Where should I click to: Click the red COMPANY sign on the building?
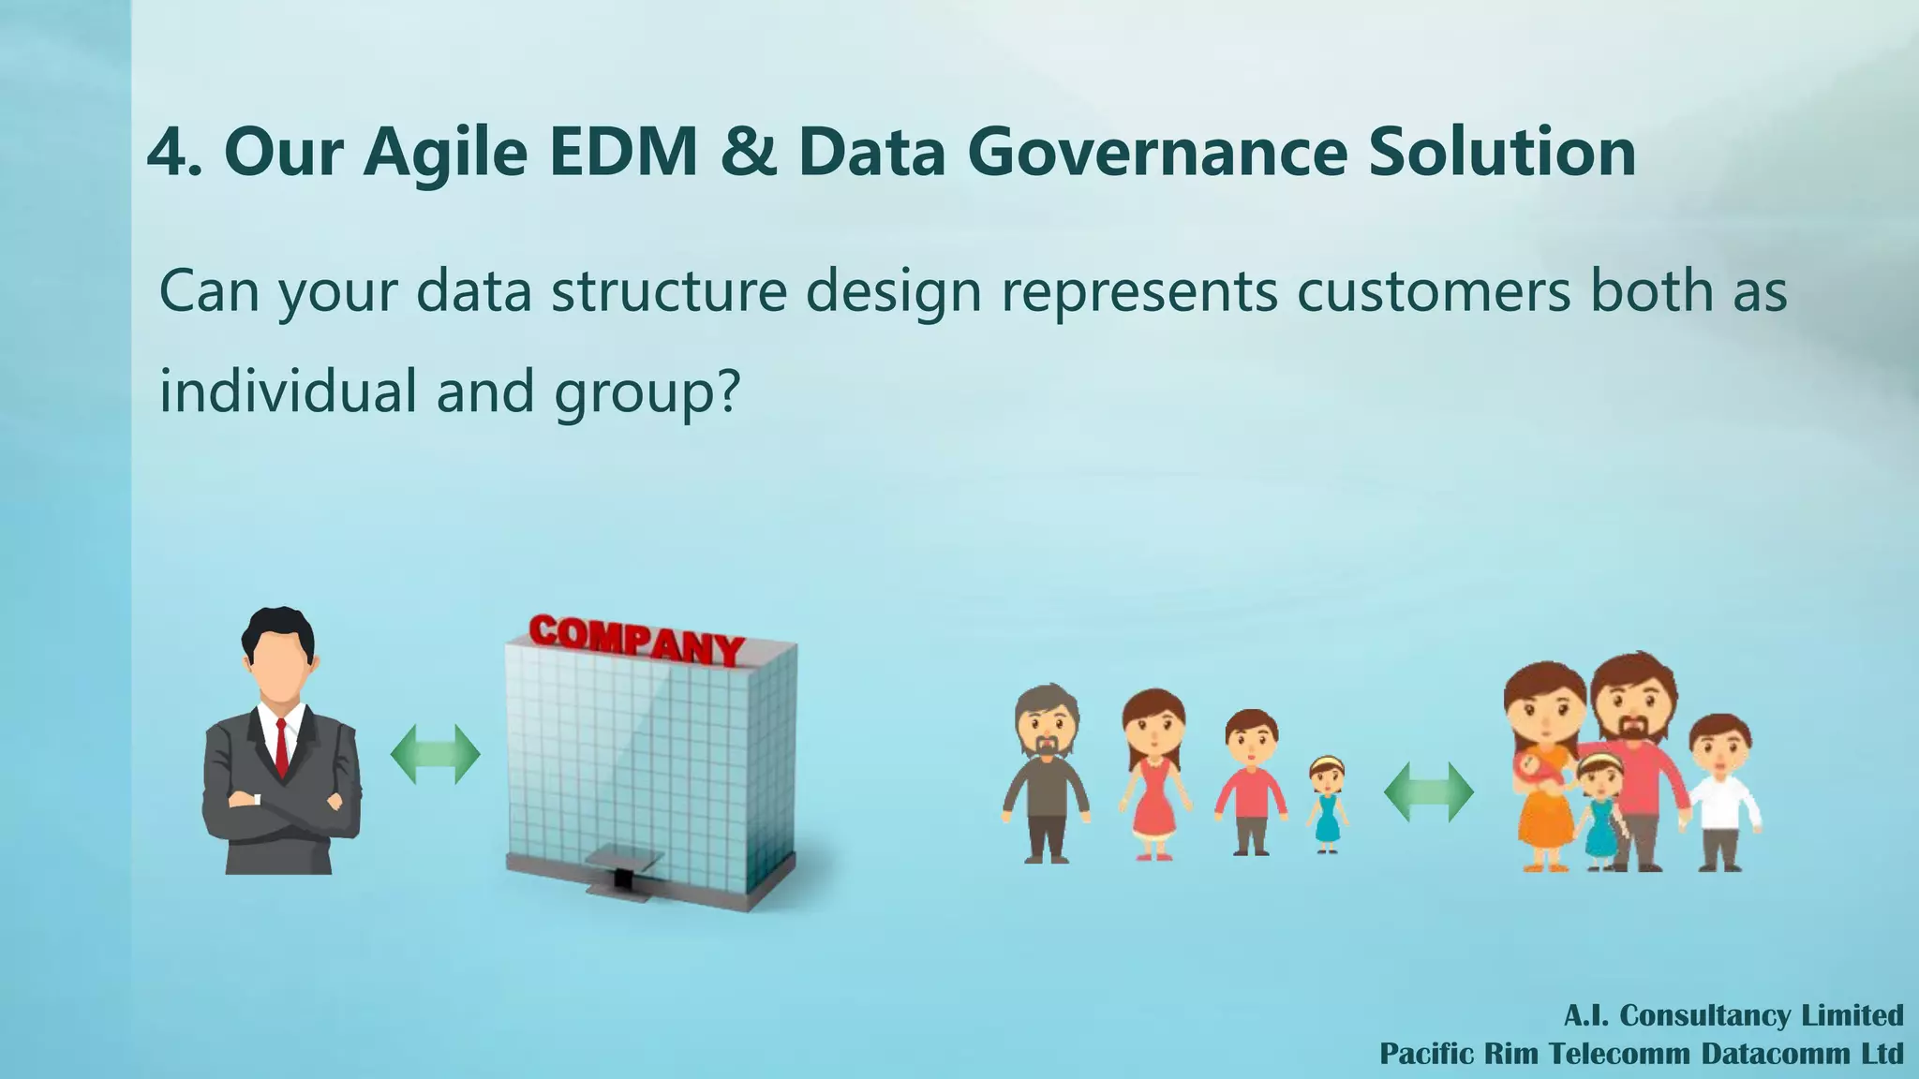click(x=636, y=639)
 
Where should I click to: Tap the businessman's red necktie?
click(x=281, y=747)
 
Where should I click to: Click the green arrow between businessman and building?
click(x=435, y=754)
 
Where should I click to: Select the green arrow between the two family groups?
click(x=1428, y=792)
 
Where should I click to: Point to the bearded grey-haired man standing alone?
click(x=1046, y=773)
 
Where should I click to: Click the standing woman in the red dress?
click(x=1154, y=773)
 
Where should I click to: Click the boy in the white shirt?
click(x=1721, y=791)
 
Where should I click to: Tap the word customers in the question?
click(x=1433, y=291)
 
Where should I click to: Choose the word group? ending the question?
click(x=647, y=392)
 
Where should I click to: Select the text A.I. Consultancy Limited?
click(x=1733, y=1015)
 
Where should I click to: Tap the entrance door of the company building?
click(x=620, y=879)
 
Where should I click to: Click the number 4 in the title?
click(x=168, y=152)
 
